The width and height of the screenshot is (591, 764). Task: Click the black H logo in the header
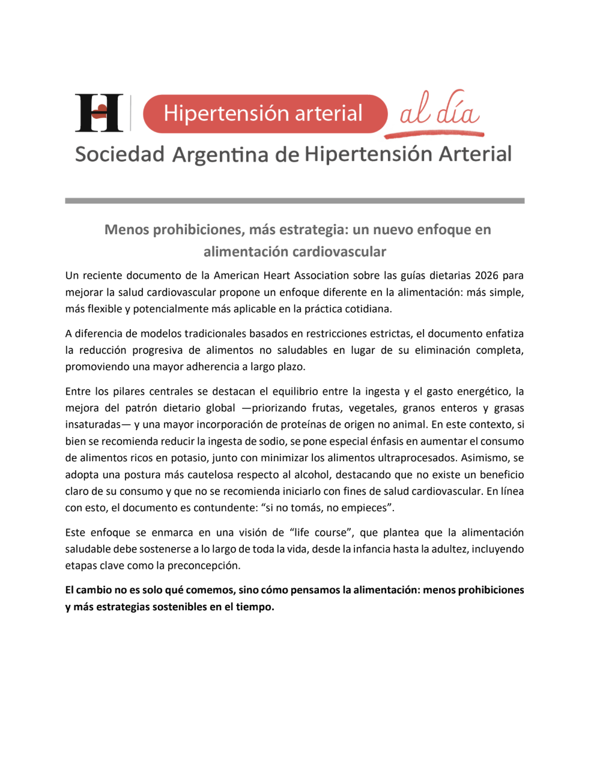98,113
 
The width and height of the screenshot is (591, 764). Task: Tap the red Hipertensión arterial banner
264,114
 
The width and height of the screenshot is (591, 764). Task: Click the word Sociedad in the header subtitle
120,154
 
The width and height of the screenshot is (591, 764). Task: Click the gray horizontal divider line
294,201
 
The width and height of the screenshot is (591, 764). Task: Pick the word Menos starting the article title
127,229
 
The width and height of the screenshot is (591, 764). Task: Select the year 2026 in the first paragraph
486,276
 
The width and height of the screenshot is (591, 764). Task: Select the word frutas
326,408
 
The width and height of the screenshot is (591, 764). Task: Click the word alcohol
312,474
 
